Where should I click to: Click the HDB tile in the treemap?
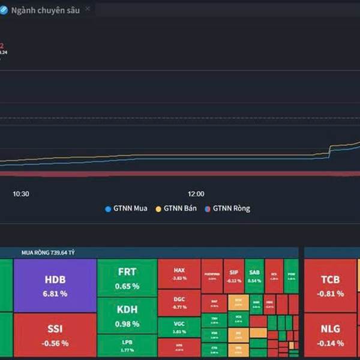55,286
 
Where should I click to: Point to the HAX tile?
179,274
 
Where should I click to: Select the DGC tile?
179,302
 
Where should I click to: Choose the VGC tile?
179,327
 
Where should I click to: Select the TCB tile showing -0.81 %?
331,286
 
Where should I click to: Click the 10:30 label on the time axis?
22,194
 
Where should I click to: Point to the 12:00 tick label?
196,194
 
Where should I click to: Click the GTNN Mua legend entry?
127,209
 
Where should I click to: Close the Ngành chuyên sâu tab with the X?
88,8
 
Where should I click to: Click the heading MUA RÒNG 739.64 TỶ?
48,254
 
